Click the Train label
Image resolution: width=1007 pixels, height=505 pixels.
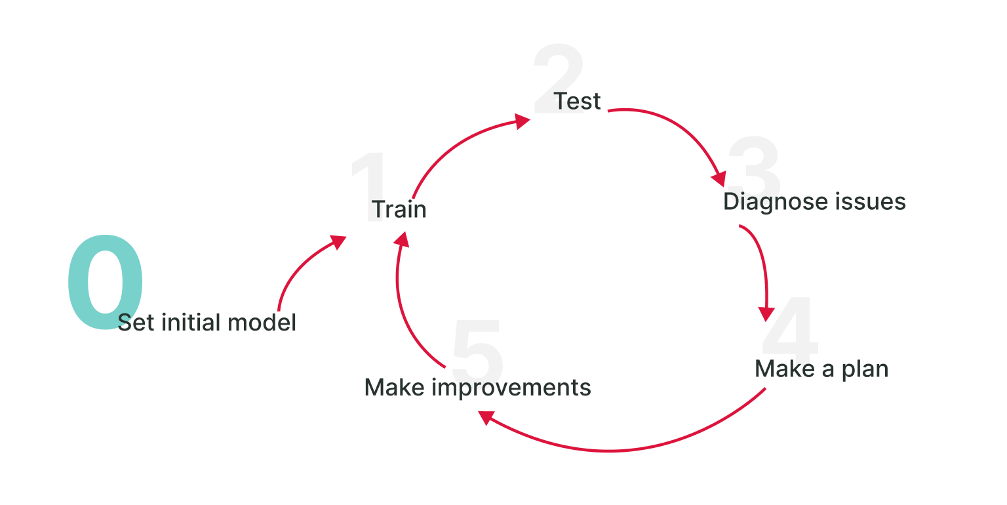(x=399, y=210)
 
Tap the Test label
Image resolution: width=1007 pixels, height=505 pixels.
(x=577, y=101)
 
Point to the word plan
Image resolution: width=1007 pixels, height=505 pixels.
(x=865, y=370)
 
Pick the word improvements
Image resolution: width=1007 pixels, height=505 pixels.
(x=511, y=388)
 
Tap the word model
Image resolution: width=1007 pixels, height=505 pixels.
(x=262, y=323)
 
